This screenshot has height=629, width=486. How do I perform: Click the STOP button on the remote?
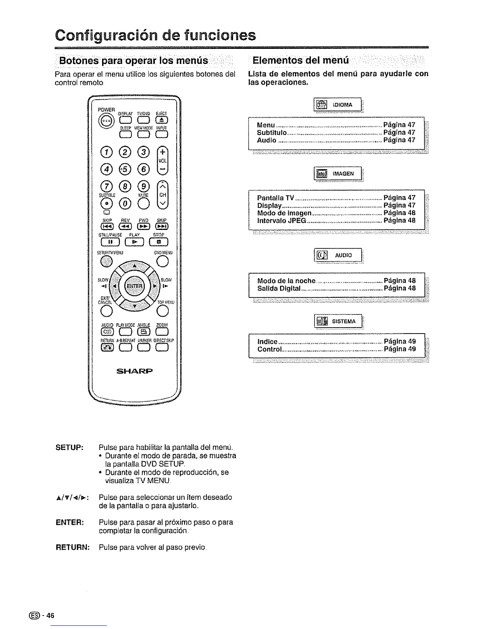(x=159, y=241)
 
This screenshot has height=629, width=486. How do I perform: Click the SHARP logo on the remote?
(x=135, y=372)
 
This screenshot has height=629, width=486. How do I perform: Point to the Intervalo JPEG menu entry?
(x=282, y=220)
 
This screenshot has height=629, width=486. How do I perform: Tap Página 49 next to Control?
(x=399, y=349)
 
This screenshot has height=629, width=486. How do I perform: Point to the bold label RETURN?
(x=72, y=547)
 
